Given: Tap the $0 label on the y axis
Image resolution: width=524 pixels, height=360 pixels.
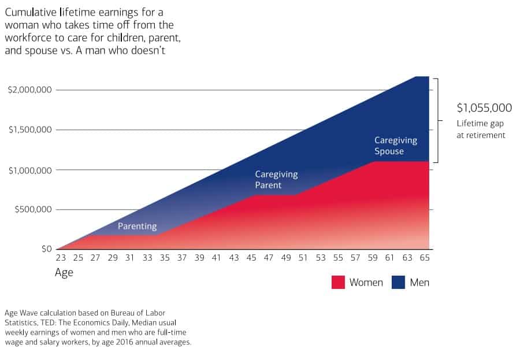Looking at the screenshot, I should tap(46, 249).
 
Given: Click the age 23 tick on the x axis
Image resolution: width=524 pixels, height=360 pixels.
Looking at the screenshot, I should tap(61, 259).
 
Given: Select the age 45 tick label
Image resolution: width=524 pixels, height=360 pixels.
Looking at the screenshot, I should tap(251, 259).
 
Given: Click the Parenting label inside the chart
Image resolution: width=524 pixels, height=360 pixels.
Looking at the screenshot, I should tap(137, 227).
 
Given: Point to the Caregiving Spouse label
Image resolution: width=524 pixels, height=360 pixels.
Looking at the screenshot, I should tap(395, 146).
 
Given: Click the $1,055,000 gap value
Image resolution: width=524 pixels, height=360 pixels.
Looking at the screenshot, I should tap(484, 107).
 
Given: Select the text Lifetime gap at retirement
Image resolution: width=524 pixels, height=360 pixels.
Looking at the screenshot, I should tap(481, 129).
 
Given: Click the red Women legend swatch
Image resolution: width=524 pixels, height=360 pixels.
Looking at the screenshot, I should tap(338, 282).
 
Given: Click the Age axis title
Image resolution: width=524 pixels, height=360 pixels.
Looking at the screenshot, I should tap(64, 273).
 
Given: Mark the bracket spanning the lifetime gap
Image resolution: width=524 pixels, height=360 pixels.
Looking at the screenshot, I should tap(439, 120).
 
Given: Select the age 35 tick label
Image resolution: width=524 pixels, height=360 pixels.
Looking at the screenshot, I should tap(165, 259).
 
